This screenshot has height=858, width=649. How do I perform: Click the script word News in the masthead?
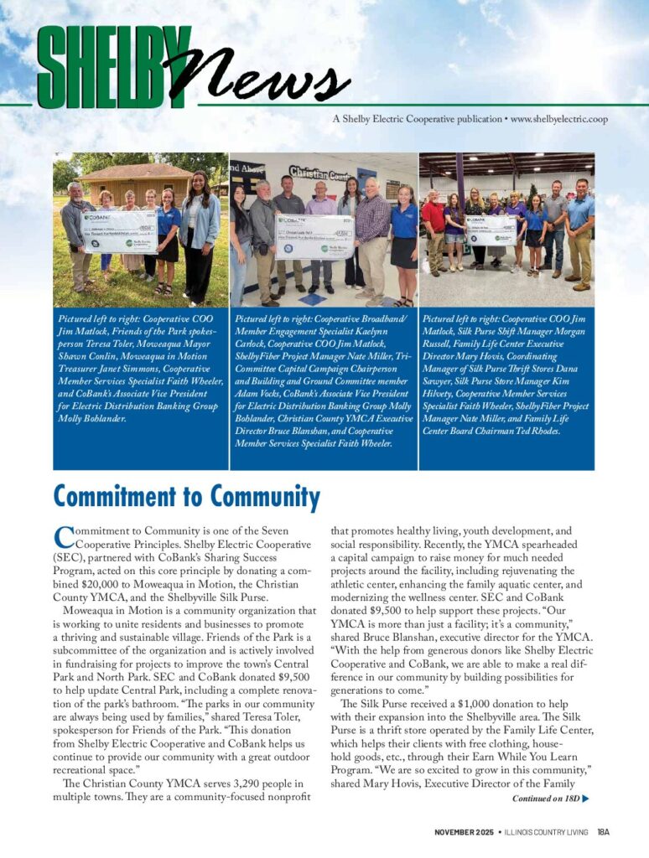coord(256,74)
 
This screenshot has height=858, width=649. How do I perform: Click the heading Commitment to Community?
coord(186,497)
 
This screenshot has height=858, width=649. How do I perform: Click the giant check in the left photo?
coord(119,230)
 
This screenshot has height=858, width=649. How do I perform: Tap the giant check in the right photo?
coord(491,230)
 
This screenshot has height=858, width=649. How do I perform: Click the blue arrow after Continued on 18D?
coord(585,799)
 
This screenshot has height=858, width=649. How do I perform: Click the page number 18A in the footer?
coord(604,832)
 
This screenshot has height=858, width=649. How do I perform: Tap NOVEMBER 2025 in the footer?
coord(464,832)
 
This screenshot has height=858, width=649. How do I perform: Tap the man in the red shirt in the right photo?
coord(433,230)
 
